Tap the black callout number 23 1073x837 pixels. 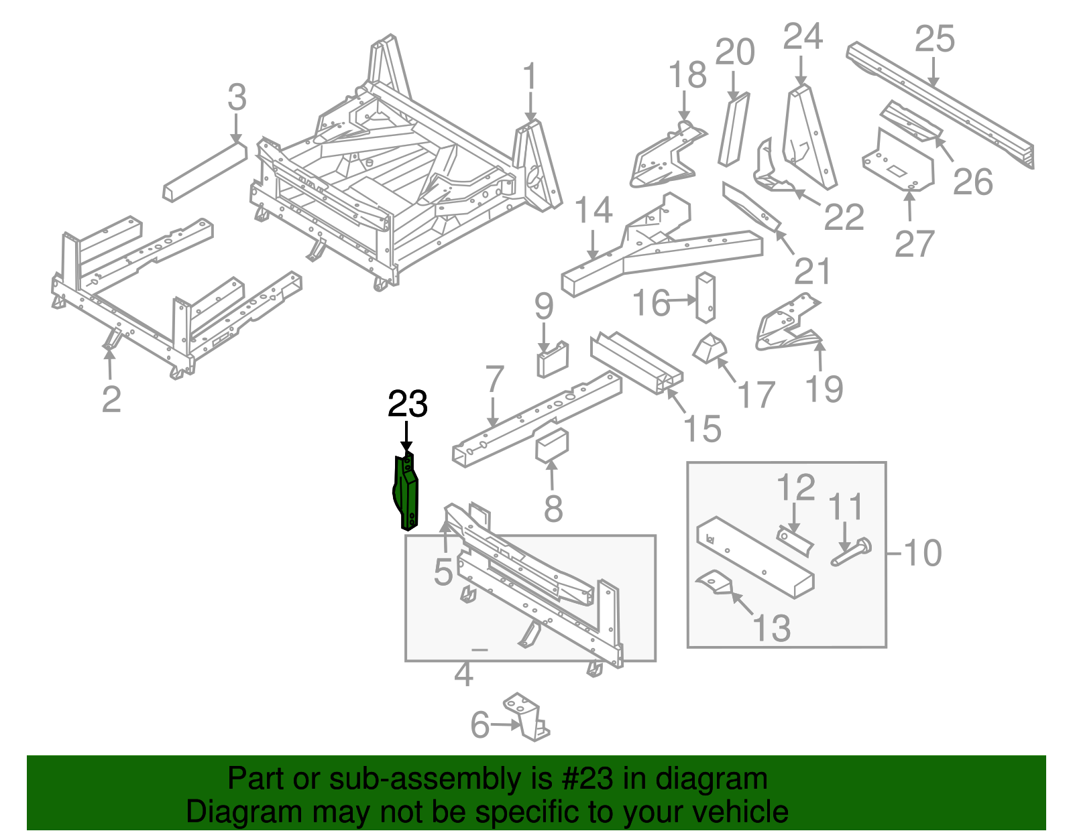(x=408, y=405)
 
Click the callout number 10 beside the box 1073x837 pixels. (x=923, y=554)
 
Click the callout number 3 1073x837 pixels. (x=237, y=98)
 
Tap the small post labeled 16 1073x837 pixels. (x=706, y=298)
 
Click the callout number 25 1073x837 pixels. (x=935, y=39)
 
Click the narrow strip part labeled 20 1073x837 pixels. (x=732, y=131)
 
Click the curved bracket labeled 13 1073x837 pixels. (x=713, y=582)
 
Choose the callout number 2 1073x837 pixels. (x=111, y=399)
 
